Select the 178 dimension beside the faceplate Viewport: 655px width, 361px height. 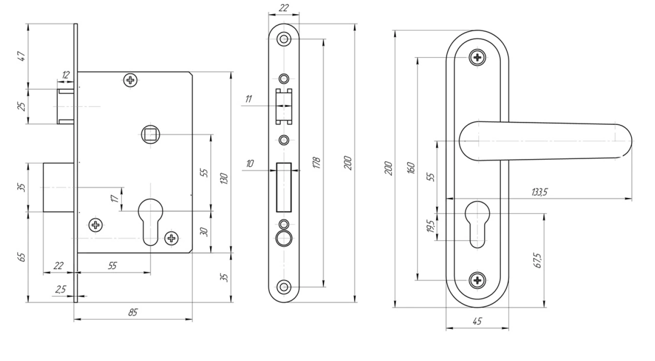316,162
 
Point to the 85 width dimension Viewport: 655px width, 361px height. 133,313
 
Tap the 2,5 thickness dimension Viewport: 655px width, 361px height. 60,289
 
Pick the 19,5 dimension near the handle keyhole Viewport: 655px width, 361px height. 430,227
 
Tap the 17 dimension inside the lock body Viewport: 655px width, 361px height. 115,199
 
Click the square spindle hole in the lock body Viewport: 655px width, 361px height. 149,134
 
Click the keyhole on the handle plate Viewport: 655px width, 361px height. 477,224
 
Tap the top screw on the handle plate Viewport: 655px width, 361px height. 477,58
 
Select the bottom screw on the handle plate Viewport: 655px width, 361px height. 477,280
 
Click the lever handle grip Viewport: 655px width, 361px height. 546,141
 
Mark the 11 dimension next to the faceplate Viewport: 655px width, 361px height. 248,99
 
